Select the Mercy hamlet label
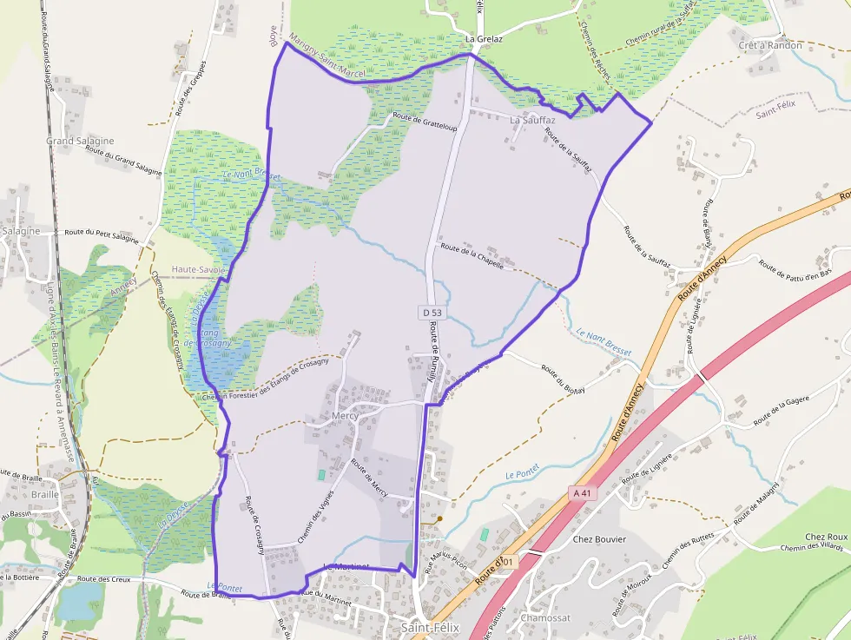point(345,416)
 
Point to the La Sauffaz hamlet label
point(532,120)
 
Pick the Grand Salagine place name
point(80,141)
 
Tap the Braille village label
point(44,494)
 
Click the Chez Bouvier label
point(599,538)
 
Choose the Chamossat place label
point(546,618)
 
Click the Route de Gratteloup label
point(425,122)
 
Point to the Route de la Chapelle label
point(472,257)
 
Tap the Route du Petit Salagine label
point(102,234)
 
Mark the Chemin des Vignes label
point(315,518)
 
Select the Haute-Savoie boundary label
point(199,270)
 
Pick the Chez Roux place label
point(826,537)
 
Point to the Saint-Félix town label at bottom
point(430,627)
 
